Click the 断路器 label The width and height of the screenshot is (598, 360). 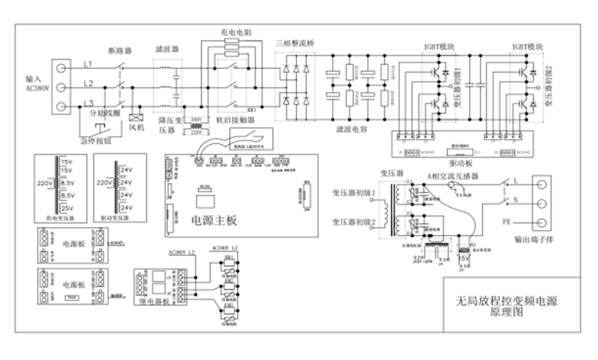pos(120,51)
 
